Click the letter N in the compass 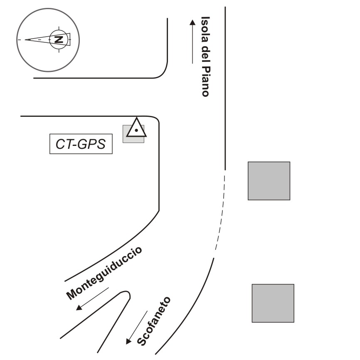(59, 39)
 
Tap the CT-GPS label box (81, 144)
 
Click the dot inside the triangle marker (136, 131)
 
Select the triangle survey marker (136, 128)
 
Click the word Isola (205, 27)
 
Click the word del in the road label (205, 52)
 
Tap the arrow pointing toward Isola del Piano (192, 42)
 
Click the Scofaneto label (154, 321)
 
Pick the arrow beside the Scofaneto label (137, 328)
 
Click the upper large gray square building (269, 181)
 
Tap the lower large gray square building (273, 303)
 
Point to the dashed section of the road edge (222, 212)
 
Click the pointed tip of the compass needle (26, 40)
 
